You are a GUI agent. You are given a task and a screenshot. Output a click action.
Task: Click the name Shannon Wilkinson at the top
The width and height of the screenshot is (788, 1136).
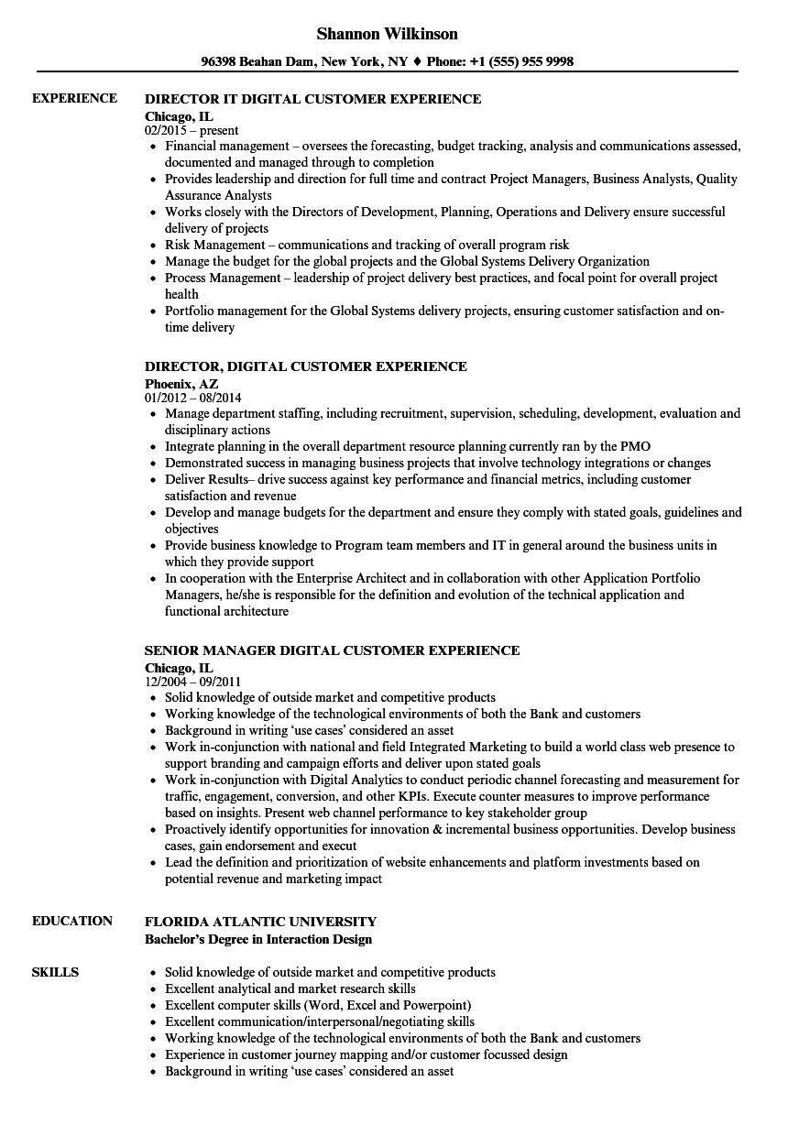click(x=387, y=34)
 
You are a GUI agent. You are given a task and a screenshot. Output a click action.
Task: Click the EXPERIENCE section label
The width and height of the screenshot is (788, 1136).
click(x=74, y=98)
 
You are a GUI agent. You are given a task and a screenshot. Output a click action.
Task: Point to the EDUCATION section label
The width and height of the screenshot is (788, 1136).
click(x=72, y=921)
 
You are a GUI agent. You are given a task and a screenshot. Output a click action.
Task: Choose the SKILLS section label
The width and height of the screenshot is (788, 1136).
click(x=55, y=972)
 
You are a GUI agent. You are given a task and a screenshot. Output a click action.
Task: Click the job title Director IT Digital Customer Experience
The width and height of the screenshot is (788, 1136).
click(x=313, y=99)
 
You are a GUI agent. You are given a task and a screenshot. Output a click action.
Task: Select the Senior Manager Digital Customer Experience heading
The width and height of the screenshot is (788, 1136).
click(x=332, y=650)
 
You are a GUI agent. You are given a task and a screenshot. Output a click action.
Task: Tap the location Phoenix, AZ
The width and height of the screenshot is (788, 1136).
click(x=181, y=383)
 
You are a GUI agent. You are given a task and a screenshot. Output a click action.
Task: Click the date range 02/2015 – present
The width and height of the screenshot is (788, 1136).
click(x=192, y=130)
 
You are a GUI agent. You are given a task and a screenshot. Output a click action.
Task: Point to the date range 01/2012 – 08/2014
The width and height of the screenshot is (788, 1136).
click(x=193, y=399)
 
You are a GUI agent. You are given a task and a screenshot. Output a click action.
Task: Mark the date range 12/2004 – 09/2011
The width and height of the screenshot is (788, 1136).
click(x=193, y=683)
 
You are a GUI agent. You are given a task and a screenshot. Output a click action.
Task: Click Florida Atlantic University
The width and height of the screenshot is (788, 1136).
click(x=260, y=922)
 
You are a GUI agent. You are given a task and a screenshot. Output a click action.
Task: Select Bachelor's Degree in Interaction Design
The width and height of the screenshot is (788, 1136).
click(x=258, y=939)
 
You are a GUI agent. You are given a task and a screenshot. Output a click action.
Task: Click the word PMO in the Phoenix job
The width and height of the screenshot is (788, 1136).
click(x=635, y=447)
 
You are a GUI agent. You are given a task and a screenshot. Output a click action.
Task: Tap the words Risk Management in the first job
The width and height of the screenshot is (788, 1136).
click(x=215, y=245)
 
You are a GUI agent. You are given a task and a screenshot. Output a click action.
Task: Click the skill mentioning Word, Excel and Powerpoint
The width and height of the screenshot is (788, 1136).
click(x=318, y=1005)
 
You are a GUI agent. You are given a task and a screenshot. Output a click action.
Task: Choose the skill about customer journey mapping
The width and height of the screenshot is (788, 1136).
click(x=366, y=1054)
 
